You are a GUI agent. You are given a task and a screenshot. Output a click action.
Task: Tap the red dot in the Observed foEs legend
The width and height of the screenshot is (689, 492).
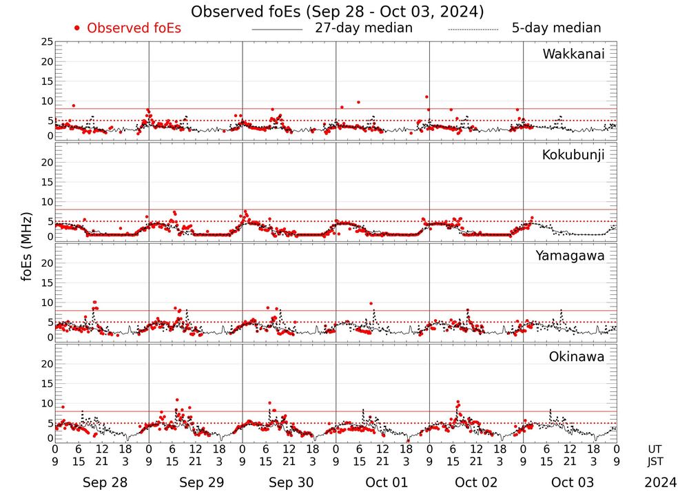tap(77, 28)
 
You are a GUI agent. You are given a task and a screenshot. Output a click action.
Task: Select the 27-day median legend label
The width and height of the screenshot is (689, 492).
tap(364, 28)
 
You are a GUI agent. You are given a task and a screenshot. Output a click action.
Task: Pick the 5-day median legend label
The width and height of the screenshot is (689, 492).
tap(556, 28)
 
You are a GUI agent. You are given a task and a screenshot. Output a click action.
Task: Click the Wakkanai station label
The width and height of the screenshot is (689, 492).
tap(573, 54)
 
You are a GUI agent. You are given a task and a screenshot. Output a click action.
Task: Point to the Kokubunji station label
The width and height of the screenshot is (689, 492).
tap(573, 155)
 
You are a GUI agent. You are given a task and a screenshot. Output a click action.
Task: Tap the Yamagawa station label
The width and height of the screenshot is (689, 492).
tap(570, 256)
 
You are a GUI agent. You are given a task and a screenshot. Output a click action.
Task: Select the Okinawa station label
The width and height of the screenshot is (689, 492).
tap(577, 356)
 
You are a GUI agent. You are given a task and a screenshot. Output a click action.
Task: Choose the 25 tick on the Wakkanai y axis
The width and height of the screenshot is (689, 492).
tap(47, 42)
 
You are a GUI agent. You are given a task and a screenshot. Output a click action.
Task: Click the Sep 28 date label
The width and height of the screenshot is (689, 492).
tap(105, 482)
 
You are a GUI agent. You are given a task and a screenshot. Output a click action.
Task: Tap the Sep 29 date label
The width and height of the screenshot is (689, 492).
tap(201, 482)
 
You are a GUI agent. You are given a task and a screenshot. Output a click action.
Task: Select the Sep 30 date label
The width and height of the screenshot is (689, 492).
tap(291, 482)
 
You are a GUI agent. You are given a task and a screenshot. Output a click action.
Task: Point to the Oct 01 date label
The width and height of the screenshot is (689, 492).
tap(387, 482)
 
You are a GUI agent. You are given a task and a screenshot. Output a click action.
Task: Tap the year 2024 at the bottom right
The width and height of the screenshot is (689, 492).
tap(661, 482)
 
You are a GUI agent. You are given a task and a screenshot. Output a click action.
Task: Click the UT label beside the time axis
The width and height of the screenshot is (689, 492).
tap(655, 449)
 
